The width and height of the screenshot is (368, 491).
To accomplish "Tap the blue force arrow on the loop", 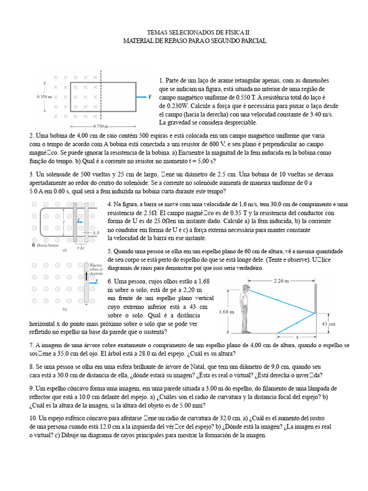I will pyautogui.click(x=141, y=96).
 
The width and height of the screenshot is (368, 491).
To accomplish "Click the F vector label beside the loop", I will pyautogui.click(x=150, y=96).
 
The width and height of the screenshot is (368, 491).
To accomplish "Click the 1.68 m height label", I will pyautogui.click(x=226, y=312).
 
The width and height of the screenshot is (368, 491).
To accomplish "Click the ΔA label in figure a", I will pyautogui.click(x=95, y=233).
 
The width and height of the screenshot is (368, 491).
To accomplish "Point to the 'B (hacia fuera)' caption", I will pyautogui.click(x=45, y=244).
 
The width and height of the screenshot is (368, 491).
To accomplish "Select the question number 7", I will pyautogui.click(x=31, y=345).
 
